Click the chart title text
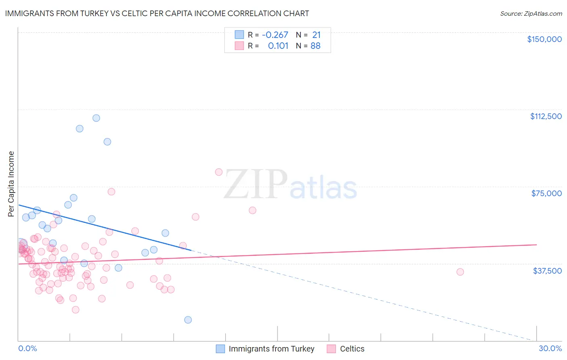pos(157,13)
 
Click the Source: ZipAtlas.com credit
pos(531,13)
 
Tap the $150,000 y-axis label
pos(544,39)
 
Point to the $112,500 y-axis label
pos(546,116)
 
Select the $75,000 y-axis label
pos(546,193)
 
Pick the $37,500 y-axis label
pos(547,271)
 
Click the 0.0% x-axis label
pos(27,348)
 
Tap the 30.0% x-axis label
pos(550,348)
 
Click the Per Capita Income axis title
pos(11,184)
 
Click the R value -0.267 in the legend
pos(275,35)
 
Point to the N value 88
pos(315,46)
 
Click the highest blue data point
pos(96,118)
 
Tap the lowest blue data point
pos(188,320)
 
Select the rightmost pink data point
pos(460,272)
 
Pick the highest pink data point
pos(219,172)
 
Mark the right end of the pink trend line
pos(536,245)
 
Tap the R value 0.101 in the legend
pos(278,46)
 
